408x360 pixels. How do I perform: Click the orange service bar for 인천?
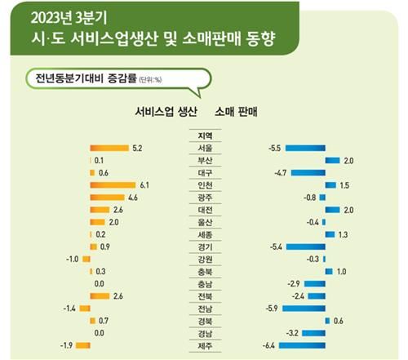113,185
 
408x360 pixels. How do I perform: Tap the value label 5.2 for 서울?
136,149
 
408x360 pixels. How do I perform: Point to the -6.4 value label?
268,345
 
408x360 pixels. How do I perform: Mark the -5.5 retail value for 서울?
274,149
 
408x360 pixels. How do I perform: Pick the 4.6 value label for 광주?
132,198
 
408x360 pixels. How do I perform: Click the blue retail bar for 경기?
304,247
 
